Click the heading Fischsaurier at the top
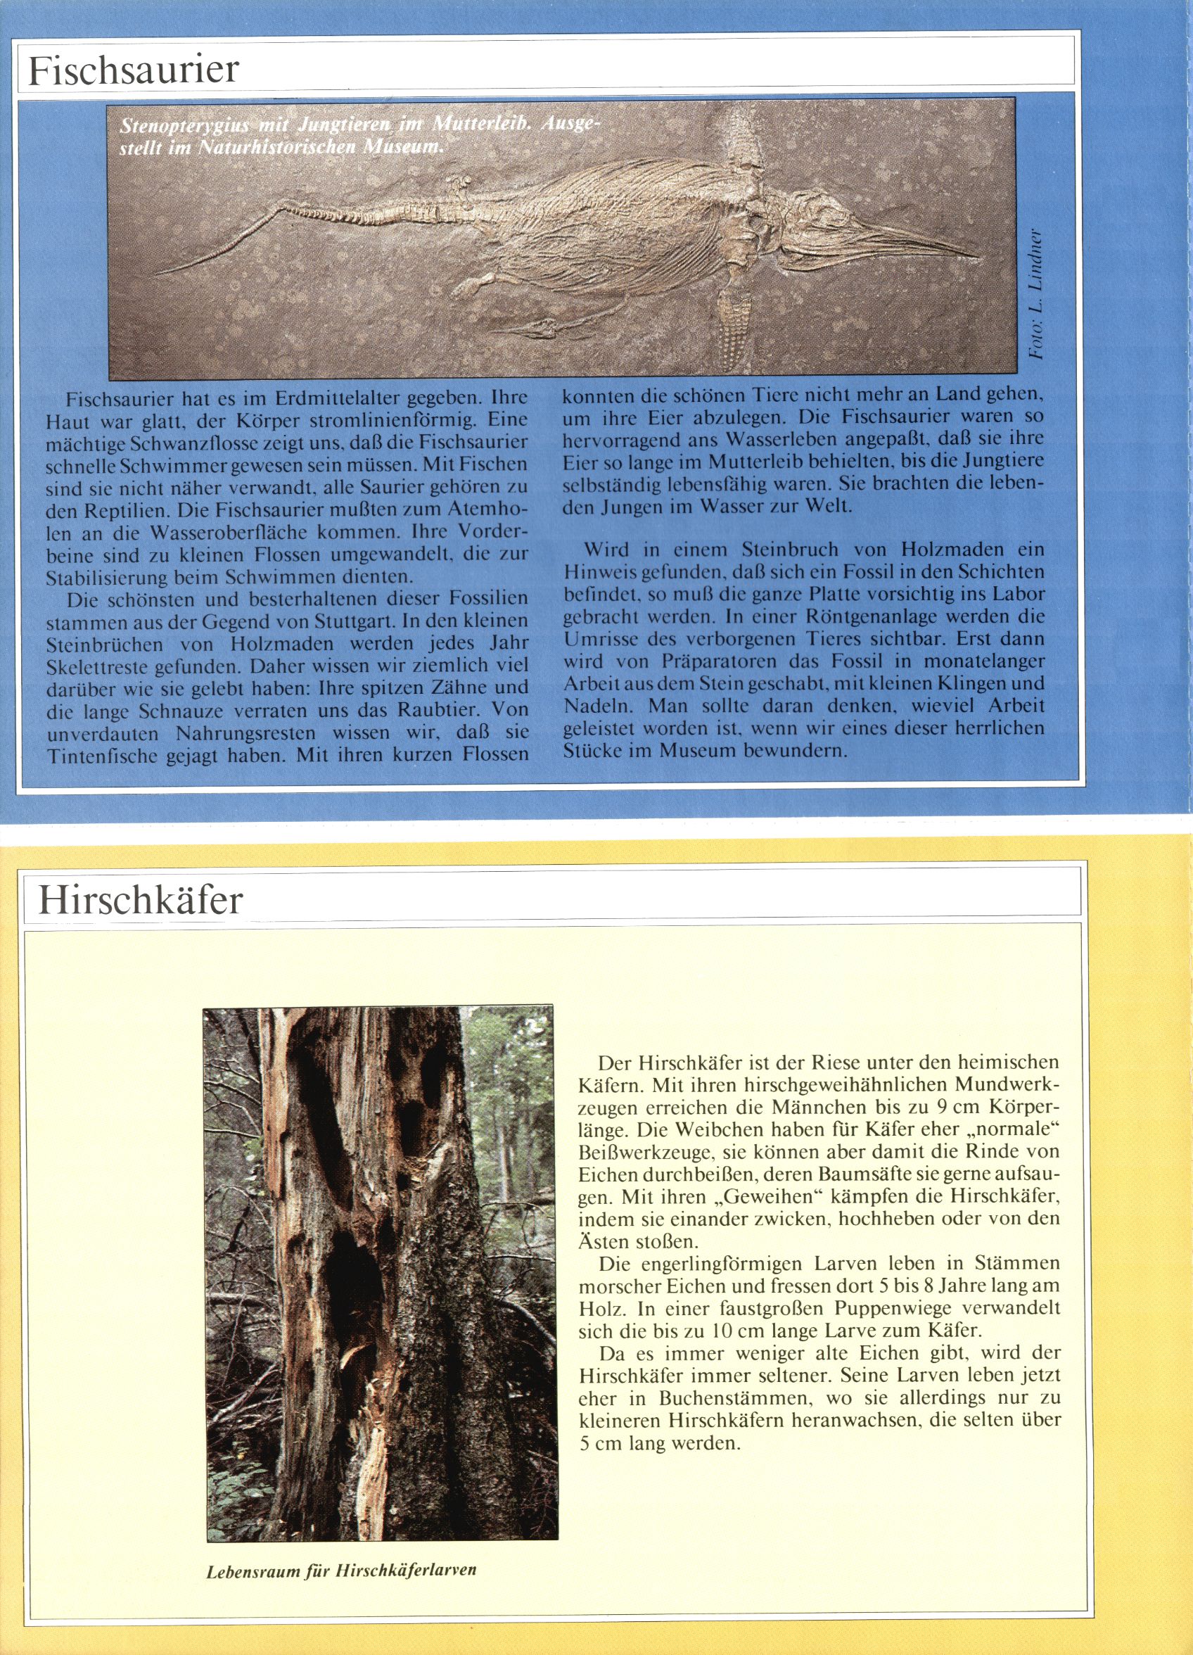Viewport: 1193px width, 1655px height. click(134, 70)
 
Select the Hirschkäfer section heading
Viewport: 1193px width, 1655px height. click(139, 901)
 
